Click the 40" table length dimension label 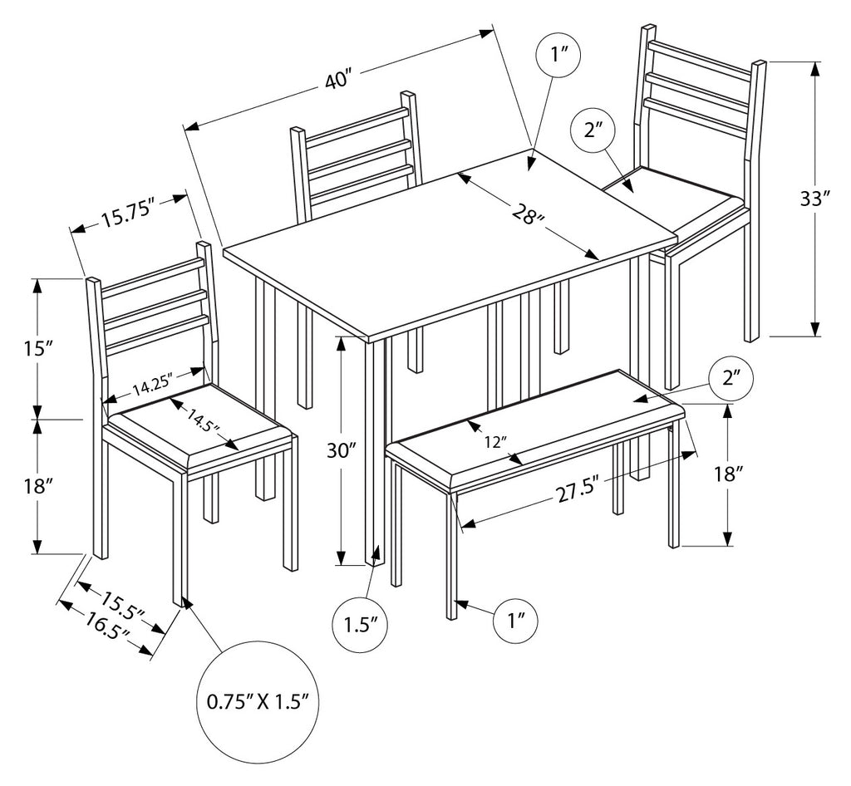click(x=339, y=81)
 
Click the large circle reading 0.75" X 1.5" click(x=258, y=700)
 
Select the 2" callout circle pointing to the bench click(x=731, y=379)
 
